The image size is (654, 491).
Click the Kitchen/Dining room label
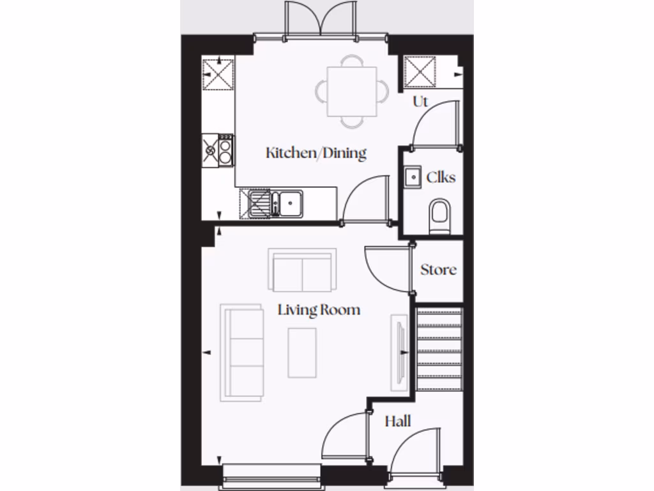point(316,153)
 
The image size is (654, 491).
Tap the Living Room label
point(319,310)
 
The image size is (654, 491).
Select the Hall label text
point(397,422)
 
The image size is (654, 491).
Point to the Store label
point(438,270)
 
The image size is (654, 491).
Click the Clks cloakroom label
point(441,177)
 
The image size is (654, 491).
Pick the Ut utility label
point(420,102)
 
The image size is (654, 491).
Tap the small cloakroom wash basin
point(412,176)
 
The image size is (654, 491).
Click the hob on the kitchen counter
point(218,150)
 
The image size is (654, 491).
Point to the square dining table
point(351,91)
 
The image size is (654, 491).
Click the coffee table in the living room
point(302,352)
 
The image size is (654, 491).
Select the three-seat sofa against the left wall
point(242,352)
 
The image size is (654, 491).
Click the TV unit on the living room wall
point(399,351)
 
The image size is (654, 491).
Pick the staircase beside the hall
point(438,349)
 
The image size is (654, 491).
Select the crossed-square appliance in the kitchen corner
point(218,75)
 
